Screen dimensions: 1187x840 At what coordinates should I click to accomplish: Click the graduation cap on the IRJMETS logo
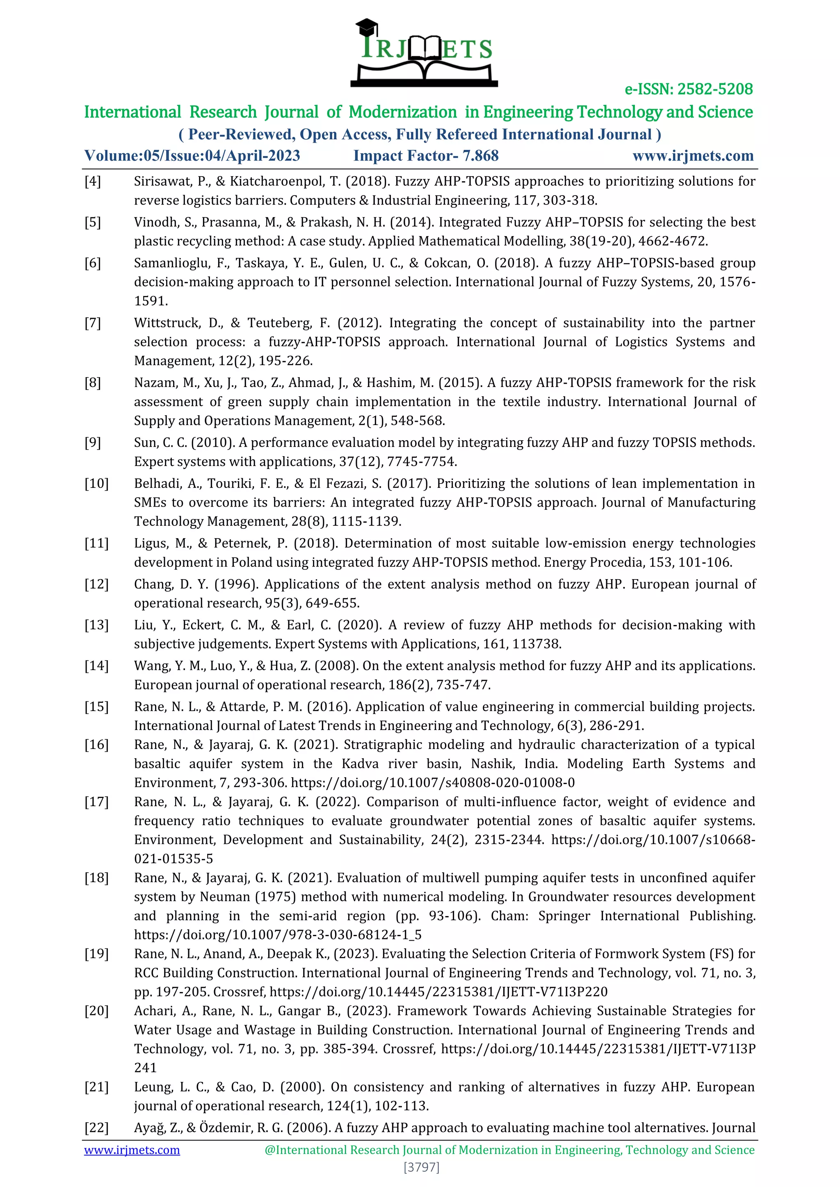coord(367,26)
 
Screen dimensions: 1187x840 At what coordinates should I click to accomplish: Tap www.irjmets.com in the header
coord(693,156)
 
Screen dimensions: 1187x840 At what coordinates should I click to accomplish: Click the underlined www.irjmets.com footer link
coord(132,1150)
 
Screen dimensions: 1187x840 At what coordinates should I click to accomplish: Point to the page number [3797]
coord(421,1167)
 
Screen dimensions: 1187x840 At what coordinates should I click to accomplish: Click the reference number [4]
coord(93,182)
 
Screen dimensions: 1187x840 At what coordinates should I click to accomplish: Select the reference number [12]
coord(97,584)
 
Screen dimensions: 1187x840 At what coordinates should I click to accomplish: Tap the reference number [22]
coord(97,1128)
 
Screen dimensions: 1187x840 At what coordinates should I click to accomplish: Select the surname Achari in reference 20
coord(155,1011)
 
